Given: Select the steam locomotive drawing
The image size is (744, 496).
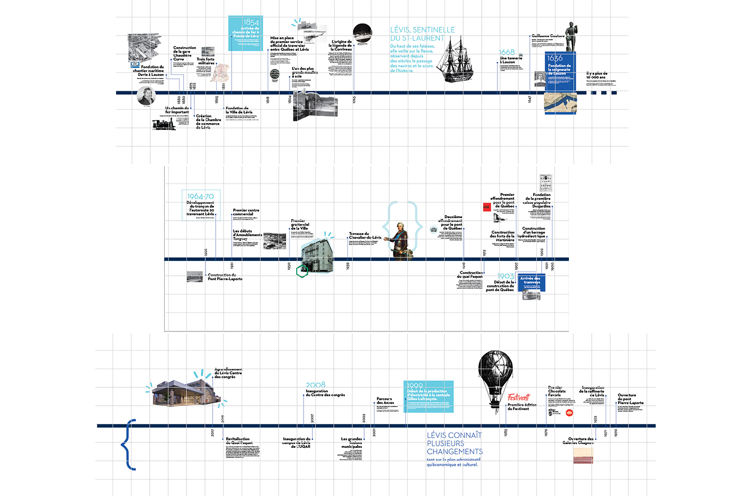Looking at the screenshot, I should (x=164, y=124).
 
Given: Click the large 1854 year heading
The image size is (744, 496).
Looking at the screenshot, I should (x=251, y=22).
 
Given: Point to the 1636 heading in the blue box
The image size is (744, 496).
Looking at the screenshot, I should (x=555, y=59).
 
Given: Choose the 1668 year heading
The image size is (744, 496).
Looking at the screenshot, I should (x=506, y=52).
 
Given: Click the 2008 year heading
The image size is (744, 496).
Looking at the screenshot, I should (x=315, y=385).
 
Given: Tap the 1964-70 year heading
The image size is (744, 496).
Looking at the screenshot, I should (x=200, y=196).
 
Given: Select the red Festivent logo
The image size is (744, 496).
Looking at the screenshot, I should (x=518, y=397).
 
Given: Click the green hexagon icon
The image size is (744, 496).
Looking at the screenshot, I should (x=302, y=271).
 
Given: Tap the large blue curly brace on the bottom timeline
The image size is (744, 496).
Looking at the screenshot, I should (x=128, y=444).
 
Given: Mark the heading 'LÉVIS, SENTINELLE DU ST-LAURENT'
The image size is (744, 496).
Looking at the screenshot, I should (x=422, y=34).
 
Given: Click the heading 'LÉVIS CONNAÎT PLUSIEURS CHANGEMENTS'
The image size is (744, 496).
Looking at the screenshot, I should (x=454, y=443).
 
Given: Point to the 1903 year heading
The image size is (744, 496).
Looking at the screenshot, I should (x=506, y=276).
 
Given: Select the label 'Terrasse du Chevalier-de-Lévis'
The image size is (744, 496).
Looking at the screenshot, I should (x=365, y=236).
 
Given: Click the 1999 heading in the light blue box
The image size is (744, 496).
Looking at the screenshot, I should (x=415, y=385).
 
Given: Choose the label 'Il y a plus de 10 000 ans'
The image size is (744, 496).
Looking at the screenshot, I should (x=597, y=75).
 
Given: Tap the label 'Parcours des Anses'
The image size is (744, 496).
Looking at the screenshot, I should (x=385, y=400).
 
